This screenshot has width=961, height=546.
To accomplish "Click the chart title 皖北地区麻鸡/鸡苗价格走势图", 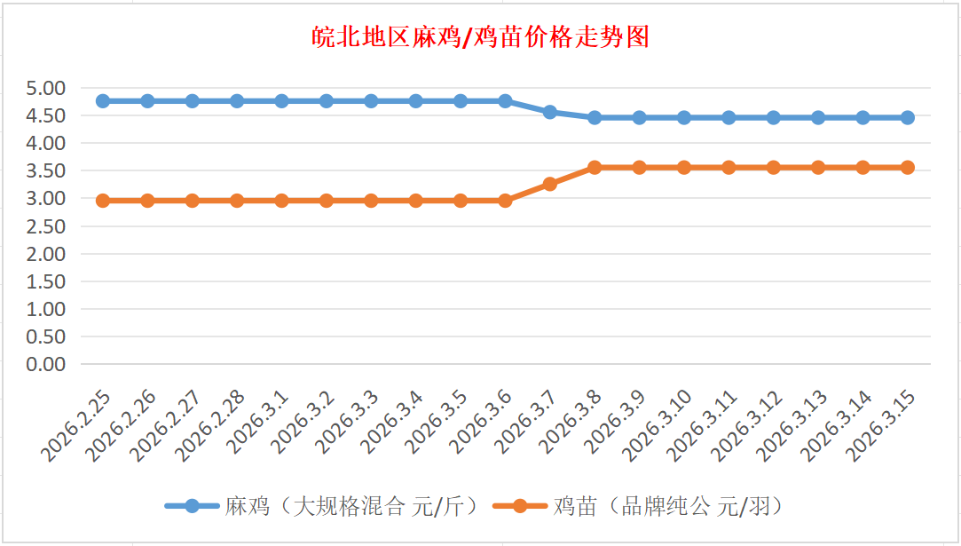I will [480, 37].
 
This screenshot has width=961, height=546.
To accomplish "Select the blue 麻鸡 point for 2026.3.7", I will [550, 112].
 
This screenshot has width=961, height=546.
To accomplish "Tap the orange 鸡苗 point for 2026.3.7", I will [550, 184].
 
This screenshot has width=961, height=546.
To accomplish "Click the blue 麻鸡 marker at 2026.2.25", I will [103, 101].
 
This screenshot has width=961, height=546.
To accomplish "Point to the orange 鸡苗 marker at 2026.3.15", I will [908, 167].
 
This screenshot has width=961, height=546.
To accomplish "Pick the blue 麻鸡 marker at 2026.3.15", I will [908, 117].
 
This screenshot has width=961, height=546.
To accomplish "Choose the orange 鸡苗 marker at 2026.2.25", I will [103, 201].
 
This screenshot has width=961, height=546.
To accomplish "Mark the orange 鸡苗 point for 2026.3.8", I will [595, 167].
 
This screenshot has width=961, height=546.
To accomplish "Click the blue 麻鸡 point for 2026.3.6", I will [505, 101].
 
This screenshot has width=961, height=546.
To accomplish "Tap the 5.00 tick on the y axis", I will [46, 88].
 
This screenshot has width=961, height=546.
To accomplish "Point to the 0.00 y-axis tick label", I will [46, 364].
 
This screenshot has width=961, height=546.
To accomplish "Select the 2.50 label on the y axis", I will [46, 226].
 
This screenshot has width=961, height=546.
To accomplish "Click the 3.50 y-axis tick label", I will [46, 170].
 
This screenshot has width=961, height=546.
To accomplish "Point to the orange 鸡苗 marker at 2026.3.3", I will [371, 201].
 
